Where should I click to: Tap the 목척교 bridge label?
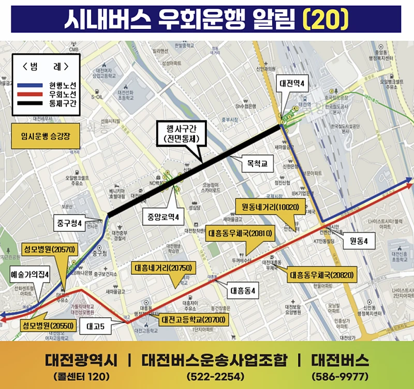(257, 165)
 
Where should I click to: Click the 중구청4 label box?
(68, 223)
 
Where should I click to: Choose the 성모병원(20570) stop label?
(50, 249)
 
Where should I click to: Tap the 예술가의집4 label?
(29, 275)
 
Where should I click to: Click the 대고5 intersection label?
(96, 326)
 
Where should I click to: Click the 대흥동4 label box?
(243, 291)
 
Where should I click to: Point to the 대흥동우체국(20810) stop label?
(241, 234)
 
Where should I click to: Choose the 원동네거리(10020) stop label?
(267, 207)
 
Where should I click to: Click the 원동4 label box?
(359, 241)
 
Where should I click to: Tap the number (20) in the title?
(324, 19)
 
